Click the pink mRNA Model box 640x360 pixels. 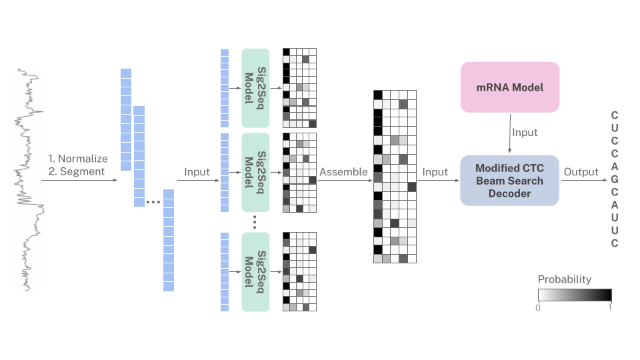[510, 87]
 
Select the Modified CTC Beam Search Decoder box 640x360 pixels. [510, 181]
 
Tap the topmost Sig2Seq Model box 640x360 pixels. [255, 87]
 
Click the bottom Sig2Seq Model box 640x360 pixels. [255, 271]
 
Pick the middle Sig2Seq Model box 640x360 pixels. [255, 171]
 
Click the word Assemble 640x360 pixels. [343, 172]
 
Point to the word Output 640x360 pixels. [581, 172]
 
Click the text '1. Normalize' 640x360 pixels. [78, 159]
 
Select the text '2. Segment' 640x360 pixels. [77, 171]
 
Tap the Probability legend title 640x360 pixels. [565, 279]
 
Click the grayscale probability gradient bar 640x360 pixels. [575, 295]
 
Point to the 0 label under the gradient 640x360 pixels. [538, 307]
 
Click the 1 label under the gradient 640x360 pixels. [610, 307]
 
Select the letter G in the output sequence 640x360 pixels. [615, 179]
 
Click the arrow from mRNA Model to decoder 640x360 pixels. [510, 132]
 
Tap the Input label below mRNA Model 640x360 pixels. [525, 133]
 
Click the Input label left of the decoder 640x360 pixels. [435, 172]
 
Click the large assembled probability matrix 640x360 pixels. [395, 176]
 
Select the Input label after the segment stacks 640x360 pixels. [197, 172]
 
